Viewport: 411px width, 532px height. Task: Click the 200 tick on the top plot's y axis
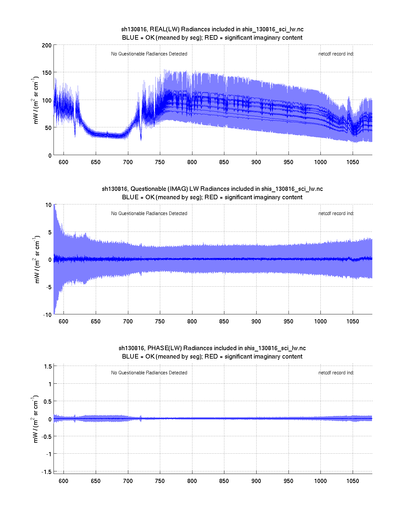(46, 45)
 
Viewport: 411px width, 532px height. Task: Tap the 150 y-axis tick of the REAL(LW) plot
(46, 73)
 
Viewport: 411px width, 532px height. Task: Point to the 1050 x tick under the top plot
(352, 162)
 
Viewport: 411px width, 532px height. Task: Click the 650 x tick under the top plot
(95, 162)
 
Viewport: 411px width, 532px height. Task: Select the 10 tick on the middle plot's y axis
(48, 205)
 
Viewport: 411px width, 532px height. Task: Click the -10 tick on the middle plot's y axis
(47, 315)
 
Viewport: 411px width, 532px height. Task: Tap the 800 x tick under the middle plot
(192, 321)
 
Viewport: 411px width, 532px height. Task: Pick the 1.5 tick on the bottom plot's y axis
(48, 366)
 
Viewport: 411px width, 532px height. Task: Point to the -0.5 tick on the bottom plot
(46, 437)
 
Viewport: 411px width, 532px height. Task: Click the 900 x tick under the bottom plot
(256, 481)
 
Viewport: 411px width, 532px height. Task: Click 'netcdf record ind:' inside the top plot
(336, 54)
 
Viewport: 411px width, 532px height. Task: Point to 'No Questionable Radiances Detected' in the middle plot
(149, 213)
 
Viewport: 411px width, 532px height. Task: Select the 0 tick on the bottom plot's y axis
(50, 419)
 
